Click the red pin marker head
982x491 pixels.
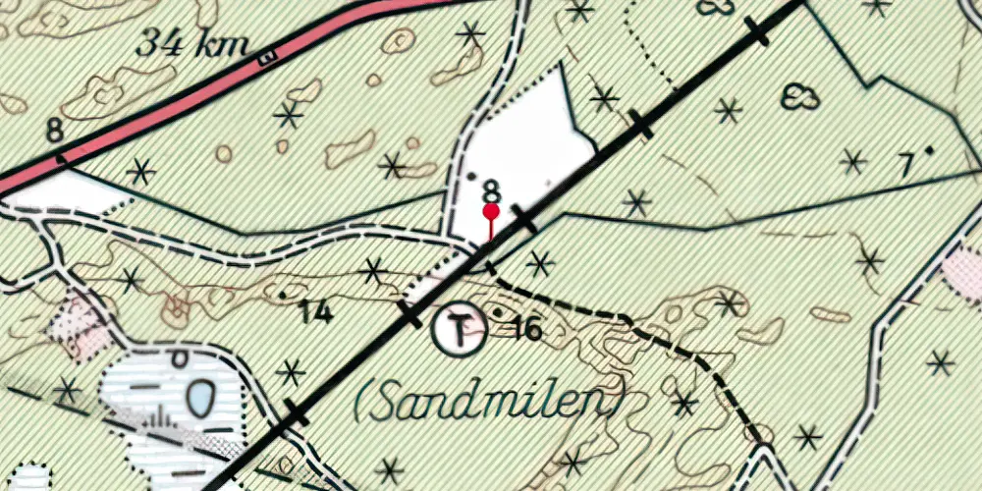(x=491, y=211)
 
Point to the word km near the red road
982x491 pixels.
(x=222, y=45)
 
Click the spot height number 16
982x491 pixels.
(x=527, y=329)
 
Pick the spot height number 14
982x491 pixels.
(x=315, y=313)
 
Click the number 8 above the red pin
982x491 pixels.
(x=491, y=189)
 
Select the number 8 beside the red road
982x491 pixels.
(x=54, y=130)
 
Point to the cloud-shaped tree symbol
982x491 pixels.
(x=800, y=96)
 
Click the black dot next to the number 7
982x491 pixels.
(x=929, y=149)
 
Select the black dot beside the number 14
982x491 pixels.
(x=283, y=294)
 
